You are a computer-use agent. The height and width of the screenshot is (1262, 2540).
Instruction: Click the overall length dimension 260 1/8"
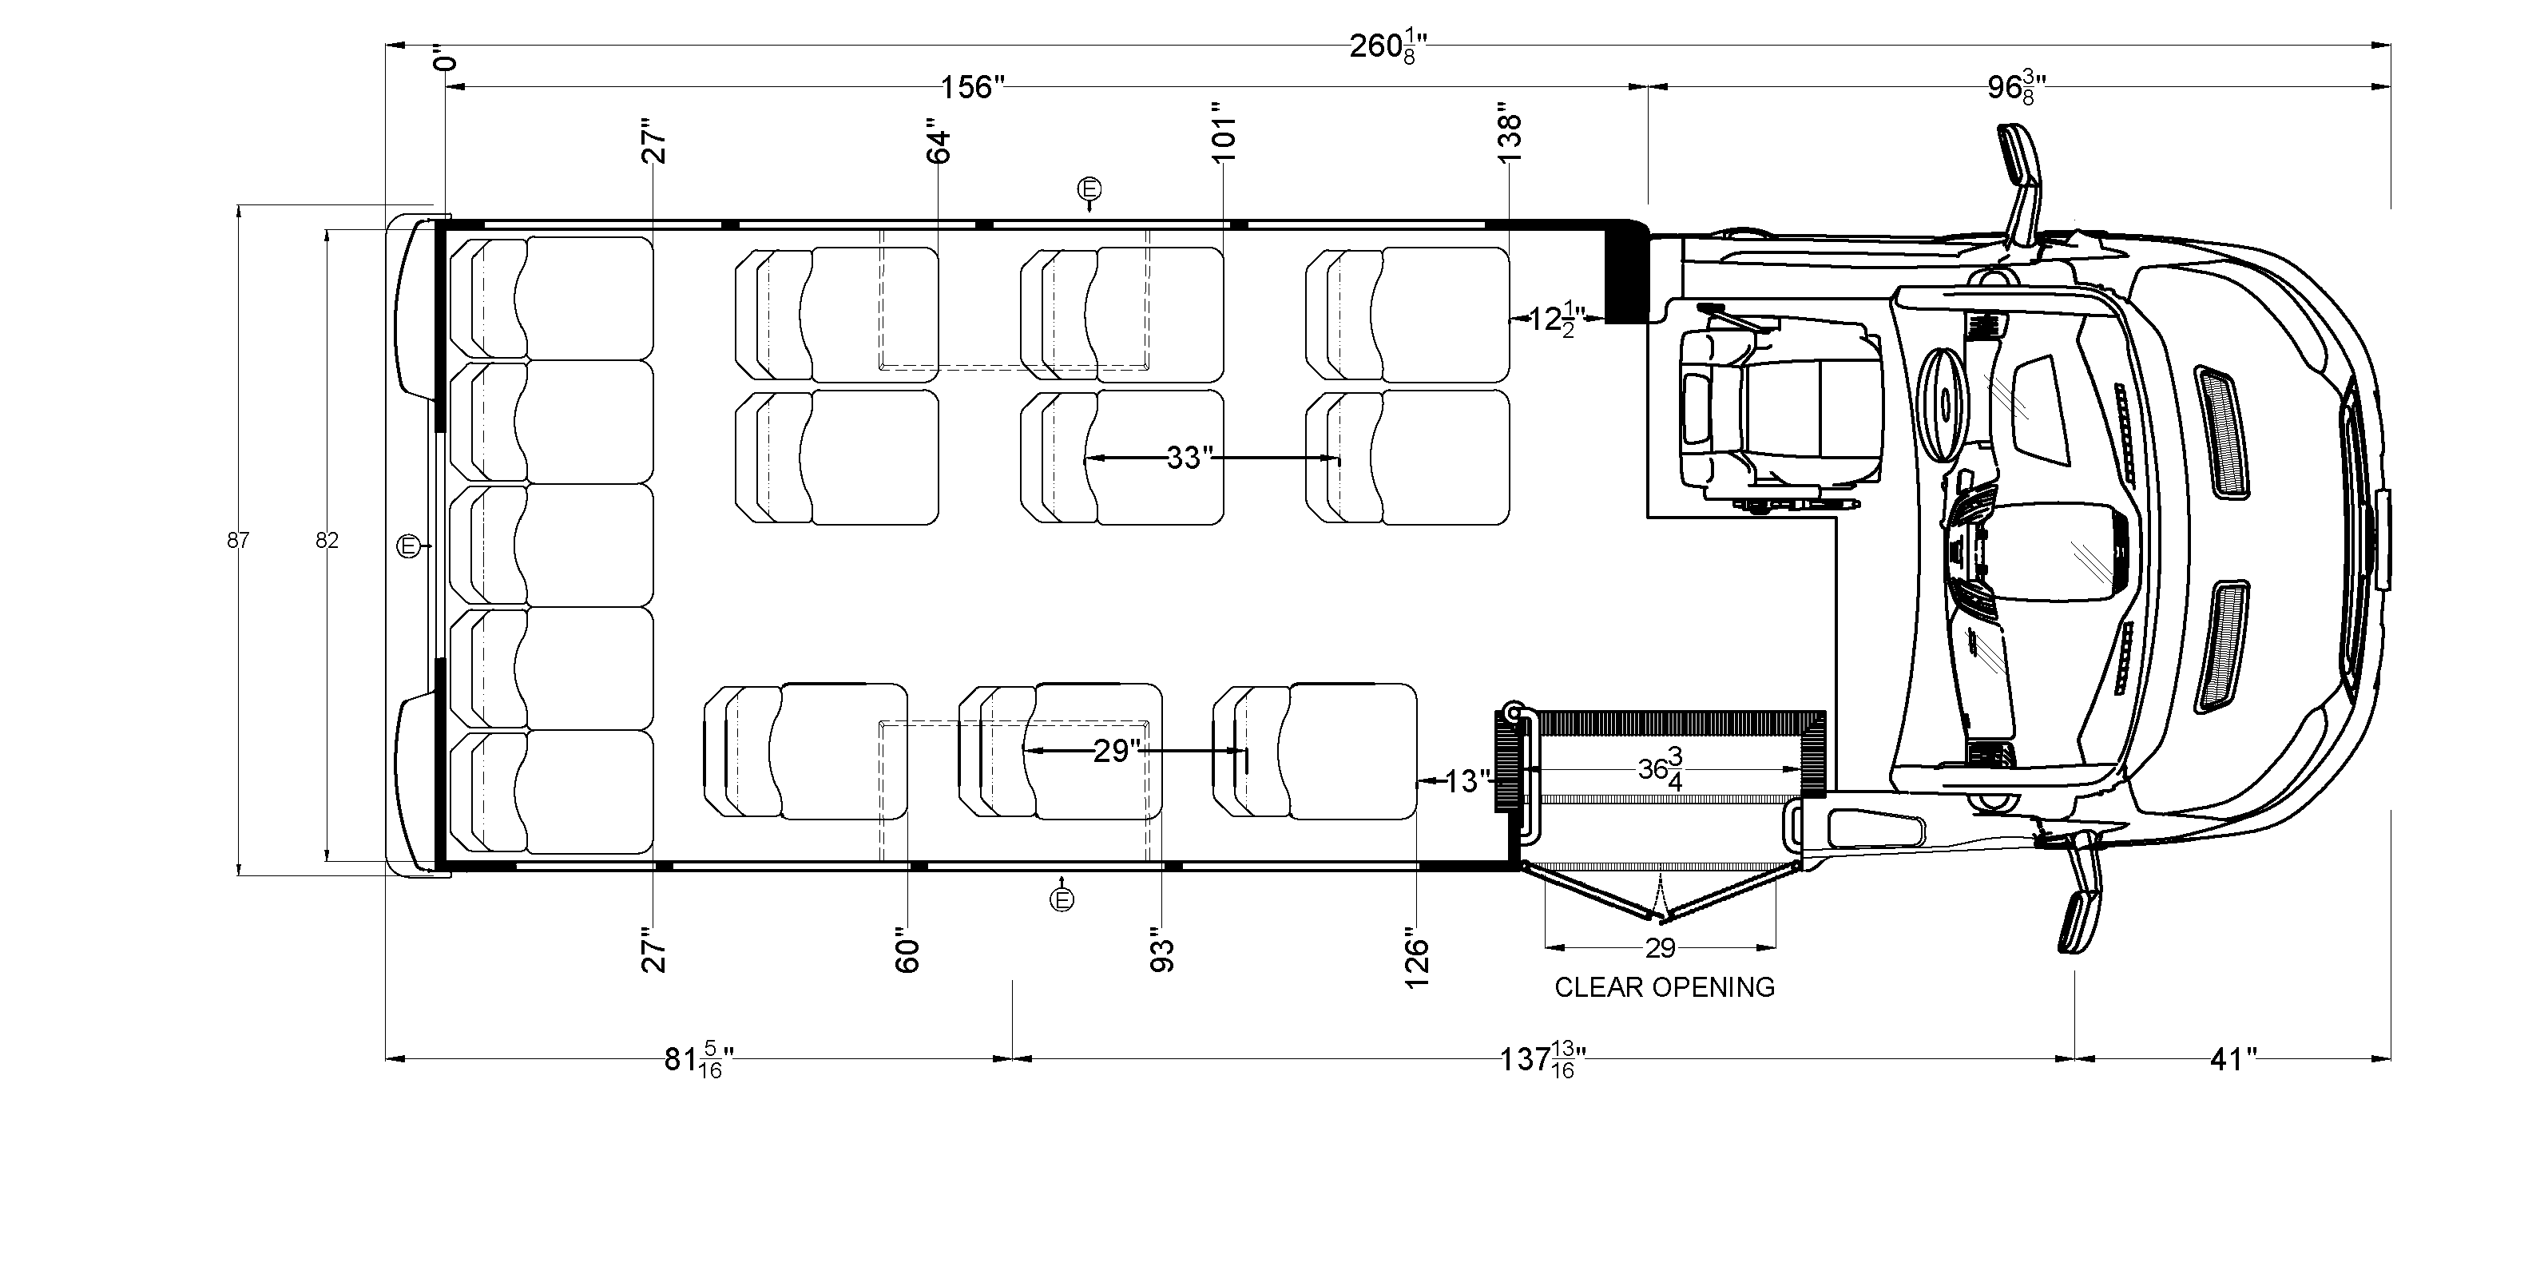[1387, 46]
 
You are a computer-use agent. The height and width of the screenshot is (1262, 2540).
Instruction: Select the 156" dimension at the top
[971, 88]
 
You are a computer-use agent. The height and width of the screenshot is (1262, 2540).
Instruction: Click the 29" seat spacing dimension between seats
[1116, 752]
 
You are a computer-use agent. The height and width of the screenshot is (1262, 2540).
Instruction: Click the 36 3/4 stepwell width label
[1661, 769]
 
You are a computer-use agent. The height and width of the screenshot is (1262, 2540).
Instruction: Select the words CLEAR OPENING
[1665, 987]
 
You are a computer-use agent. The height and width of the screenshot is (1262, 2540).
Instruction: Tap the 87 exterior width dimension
[238, 540]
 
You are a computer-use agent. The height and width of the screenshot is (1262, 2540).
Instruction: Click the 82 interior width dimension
[327, 540]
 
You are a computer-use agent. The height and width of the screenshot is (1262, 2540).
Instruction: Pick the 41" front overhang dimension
[2232, 1060]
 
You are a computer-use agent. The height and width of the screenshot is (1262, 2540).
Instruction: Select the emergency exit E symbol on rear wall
[408, 546]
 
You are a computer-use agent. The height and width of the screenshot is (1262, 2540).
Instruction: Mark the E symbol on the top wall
[1089, 189]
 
